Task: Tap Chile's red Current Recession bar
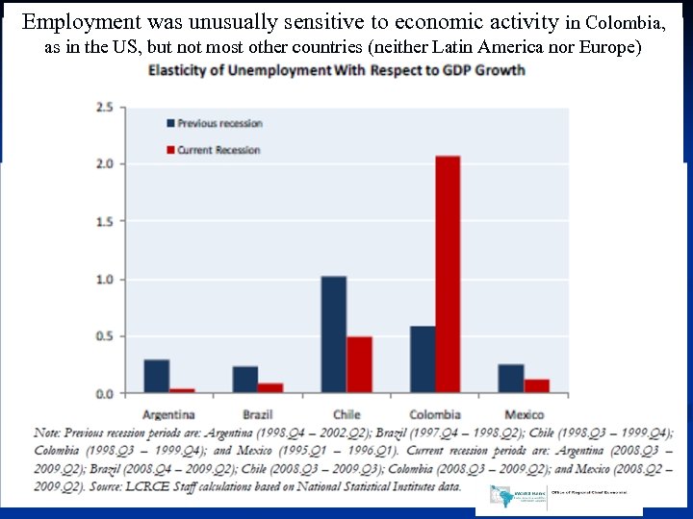click(x=359, y=364)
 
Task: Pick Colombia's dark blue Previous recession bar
click(x=423, y=359)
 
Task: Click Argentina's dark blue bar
click(x=157, y=376)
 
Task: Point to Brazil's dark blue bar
click(x=245, y=380)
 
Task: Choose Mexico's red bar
click(x=536, y=385)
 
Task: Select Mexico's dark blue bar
click(x=511, y=379)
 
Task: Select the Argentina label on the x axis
click(x=168, y=414)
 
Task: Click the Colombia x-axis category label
click(x=434, y=414)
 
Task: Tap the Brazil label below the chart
click(x=257, y=414)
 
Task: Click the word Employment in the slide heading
click(x=83, y=21)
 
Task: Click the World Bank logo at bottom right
click(x=505, y=498)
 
